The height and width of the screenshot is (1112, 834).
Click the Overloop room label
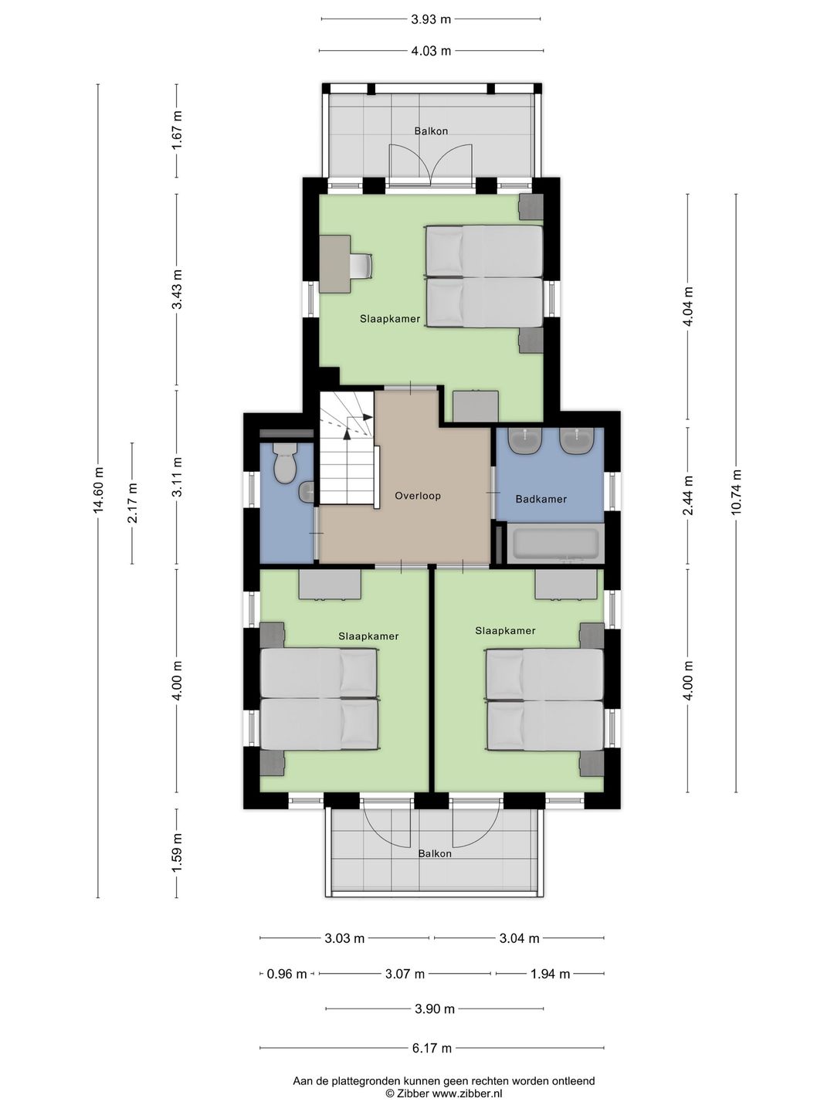pyautogui.click(x=418, y=496)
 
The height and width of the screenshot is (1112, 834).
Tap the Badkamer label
pyautogui.click(x=541, y=499)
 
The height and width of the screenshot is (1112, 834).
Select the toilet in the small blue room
pyautogui.click(x=284, y=462)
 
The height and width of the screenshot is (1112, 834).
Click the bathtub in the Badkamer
pyautogui.click(x=556, y=543)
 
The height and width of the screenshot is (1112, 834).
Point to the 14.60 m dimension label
pyautogui.click(x=98, y=490)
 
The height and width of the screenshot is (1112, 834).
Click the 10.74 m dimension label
pyautogui.click(x=736, y=492)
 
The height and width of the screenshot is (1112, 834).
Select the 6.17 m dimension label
pyautogui.click(x=432, y=1048)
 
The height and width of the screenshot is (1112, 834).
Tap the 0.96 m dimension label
pyautogui.click(x=286, y=974)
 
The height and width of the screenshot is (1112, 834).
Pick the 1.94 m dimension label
pyautogui.click(x=550, y=974)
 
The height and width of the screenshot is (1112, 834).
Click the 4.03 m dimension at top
pyautogui.click(x=431, y=51)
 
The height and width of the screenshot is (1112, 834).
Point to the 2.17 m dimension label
pyautogui.click(x=133, y=503)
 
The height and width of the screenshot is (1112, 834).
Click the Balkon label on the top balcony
pyautogui.click(x=431, y=131)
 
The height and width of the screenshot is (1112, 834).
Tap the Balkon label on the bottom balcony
pyautogui.click(x=435, y=853)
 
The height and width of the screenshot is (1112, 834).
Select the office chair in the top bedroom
pyautogui.click(x=361, y=265)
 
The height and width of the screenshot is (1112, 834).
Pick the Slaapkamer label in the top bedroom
pyautogui.click(x=390, y=319)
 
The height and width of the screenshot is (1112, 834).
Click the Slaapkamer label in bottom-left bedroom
pyautogui.click(x=368, y=636)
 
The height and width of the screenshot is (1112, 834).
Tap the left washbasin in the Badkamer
pyautogui.click(x=526, y=441)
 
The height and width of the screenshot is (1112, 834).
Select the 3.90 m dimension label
pyautogui.click(x=435, y=1009)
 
